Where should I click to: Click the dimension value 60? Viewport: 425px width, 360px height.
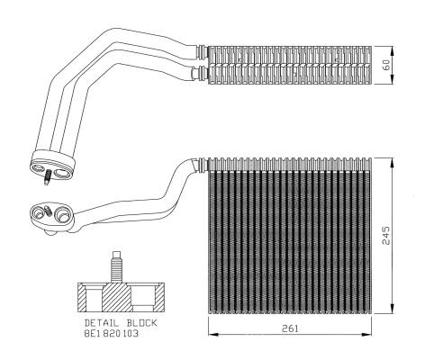coord(387,65)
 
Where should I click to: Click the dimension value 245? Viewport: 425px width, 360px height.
coord(386,235)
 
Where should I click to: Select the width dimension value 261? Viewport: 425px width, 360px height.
coord(290,328)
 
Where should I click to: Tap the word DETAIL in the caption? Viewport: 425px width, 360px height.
coord(102,323)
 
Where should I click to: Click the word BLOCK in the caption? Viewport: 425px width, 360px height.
coord(141,323)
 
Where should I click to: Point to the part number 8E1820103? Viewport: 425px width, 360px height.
coord(112,333)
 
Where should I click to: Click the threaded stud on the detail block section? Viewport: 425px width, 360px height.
coord(116,267)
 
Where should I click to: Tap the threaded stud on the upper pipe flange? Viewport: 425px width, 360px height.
coord(47,177)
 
